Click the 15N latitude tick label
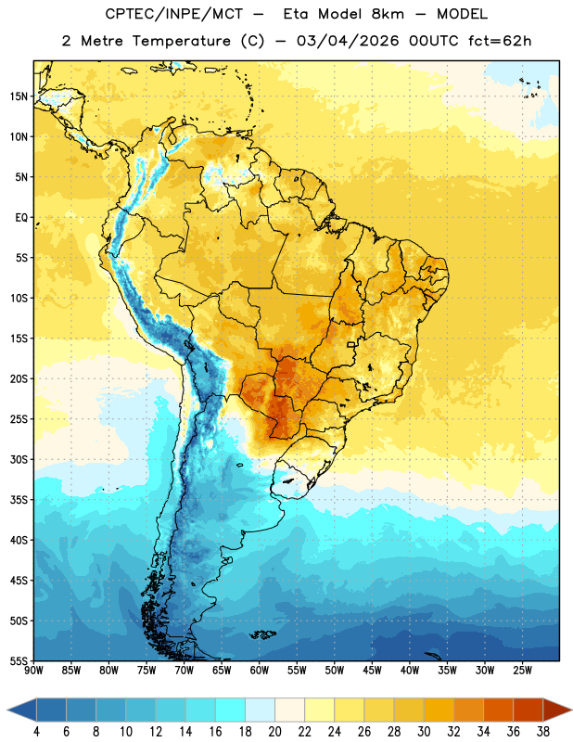click(19, 96)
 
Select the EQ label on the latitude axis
click(21, 218)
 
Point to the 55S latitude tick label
click(19, 661)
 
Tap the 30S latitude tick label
click(19, 459)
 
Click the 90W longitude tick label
click(33, 671)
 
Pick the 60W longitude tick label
click(260, 671)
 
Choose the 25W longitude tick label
click(522, 671)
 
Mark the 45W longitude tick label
click(372, 671)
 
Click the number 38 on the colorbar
click(543, 732)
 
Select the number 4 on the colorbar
click(36, 732)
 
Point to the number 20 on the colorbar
click(274, 732)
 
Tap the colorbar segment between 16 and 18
click(231, 710)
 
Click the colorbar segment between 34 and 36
click(499, 710)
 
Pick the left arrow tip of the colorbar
click(7, 710)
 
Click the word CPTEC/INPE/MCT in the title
click(174, 14)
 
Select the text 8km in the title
click(388, 14)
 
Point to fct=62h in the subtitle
click(500, 41)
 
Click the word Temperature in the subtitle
click(182, 41)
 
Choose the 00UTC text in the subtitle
click(434, 41)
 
